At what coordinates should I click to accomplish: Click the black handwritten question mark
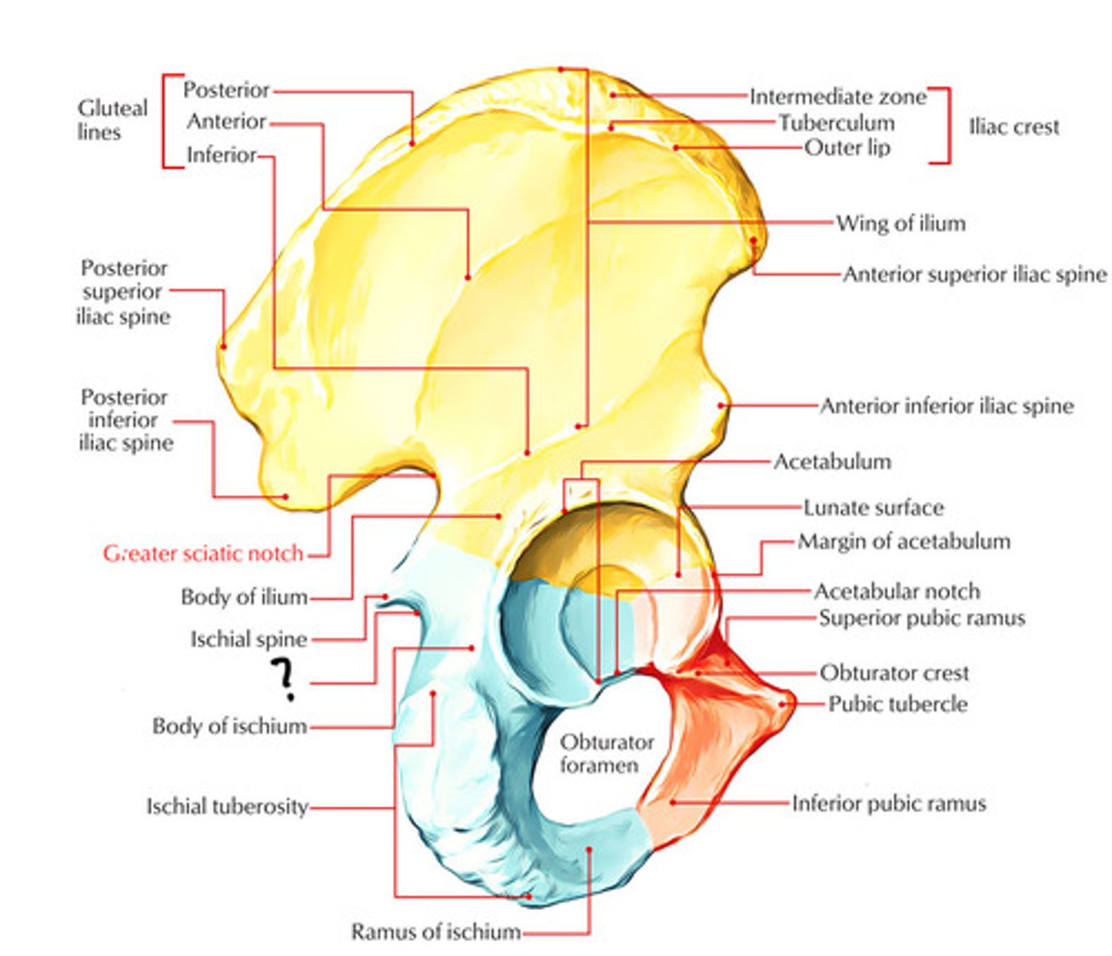tap(283, 680)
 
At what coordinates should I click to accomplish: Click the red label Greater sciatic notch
tap(203, 553)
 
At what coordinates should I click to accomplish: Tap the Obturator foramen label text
tap(607, 753)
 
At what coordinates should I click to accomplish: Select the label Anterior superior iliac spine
tap(974, 274)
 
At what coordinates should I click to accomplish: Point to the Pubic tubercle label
tap(898, 704)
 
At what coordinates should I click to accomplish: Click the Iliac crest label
tap(1014, 127)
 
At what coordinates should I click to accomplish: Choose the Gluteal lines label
tap(112, 119)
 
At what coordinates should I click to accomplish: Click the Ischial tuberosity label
tap(227, 807)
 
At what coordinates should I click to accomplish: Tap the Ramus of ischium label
tap(436, 931)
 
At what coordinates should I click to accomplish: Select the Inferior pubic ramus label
tap(888, 803)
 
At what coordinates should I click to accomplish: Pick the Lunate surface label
tap(873, 507)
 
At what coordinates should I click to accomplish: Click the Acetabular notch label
tap(896, 591)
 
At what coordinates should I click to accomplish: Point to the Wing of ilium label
tap(900, 223)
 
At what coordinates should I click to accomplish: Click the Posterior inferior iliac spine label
tap(125, 420)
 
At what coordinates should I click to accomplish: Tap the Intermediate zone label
tap(837, 97)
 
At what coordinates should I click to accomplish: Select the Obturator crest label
tap(894, 673)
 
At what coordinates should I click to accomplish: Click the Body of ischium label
tap(230, 727)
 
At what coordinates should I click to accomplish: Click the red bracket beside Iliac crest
tap(945, 126)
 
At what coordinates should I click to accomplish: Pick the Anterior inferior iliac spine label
tap(946, 406)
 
